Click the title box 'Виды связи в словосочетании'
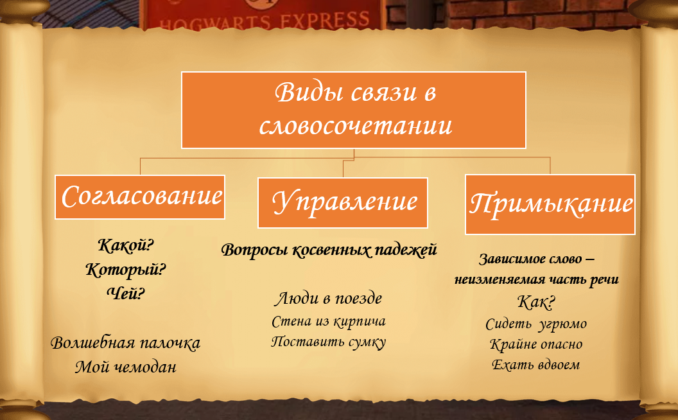tap(354, 110)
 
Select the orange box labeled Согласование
tap(140, 197)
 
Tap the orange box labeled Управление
tap(343, 202)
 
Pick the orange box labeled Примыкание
tap(550, 204)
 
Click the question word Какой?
tap(126, 245)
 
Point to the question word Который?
tap(126, 270)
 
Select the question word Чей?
tap(126, 293)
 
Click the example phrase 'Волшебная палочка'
tap(126, 342)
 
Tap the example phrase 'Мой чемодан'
tap(126, 367)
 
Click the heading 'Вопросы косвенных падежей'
tap(329, 250)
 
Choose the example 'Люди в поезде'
tap(329, 298)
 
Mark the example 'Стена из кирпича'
tap(329, 321)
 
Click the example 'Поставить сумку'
tap(329, 342)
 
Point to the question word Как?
tap(536, 301)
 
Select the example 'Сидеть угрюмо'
tap(536, 324)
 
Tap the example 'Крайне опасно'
tap(536, 344)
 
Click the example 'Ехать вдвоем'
tap(536, 365)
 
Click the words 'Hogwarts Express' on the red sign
tap(265, 21)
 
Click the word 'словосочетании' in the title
tap(356, 126)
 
